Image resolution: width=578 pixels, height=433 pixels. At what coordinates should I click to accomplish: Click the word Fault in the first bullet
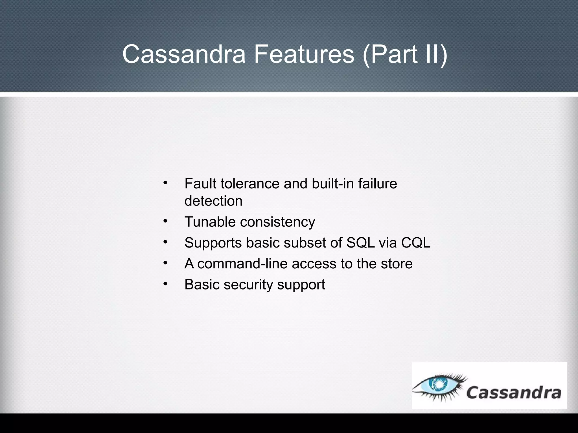(x=201, y=184)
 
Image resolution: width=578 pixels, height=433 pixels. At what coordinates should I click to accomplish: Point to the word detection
(x=213, y=201)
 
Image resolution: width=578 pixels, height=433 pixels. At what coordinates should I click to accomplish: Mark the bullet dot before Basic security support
(x=165, y=283)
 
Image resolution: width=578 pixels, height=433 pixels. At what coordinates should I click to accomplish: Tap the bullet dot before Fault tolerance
(x=165, y=183)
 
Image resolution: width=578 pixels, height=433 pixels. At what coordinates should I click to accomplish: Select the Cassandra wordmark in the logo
(x=513, y=392)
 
